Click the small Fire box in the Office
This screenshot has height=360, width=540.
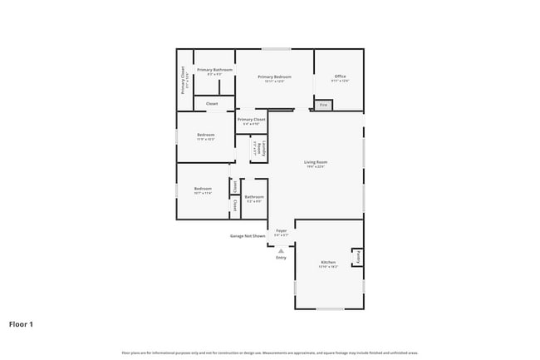323,106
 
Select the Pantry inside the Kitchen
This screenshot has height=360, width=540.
358,257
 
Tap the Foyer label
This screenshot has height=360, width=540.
282,232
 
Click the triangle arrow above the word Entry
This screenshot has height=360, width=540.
281,249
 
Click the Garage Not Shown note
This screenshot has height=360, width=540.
248,236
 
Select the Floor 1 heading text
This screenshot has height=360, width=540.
21,324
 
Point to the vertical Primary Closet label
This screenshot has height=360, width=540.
184,80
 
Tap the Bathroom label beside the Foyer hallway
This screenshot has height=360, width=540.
253,199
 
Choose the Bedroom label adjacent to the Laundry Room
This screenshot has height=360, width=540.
206,136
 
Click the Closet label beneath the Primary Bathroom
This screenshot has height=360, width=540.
212,104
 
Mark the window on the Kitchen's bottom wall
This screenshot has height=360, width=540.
330,309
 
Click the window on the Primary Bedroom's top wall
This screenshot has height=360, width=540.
276,49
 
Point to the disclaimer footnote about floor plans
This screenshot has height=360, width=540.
269,353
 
